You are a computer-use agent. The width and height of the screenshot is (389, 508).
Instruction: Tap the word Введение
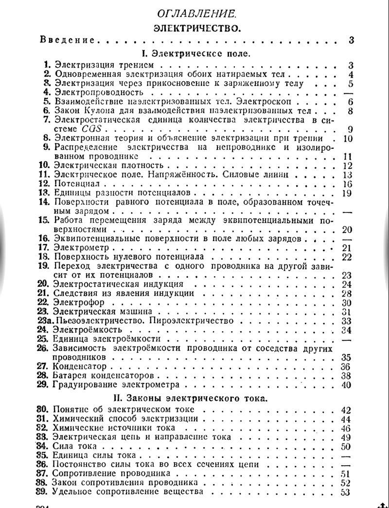[68, 40]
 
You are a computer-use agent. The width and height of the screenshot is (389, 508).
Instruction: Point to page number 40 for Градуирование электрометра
[346, 385]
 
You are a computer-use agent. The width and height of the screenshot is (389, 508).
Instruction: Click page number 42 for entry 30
[346, 409]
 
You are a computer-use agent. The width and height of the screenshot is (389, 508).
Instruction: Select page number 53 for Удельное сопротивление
[346, 491]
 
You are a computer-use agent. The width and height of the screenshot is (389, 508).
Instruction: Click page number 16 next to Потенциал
[347, 184]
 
